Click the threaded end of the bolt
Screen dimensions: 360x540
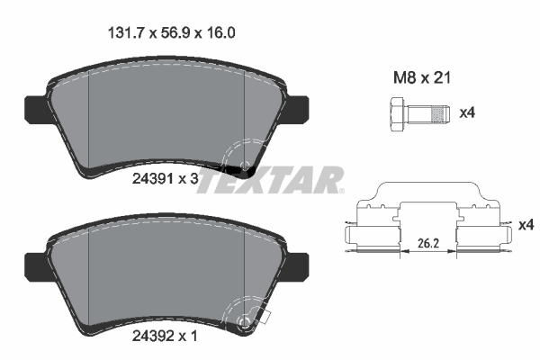point(437,114)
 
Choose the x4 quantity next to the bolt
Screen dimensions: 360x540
point(467,113)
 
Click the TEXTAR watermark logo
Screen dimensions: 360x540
point(270,180)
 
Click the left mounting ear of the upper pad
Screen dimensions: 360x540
point(32,107)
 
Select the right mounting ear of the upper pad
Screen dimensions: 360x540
point(301,107)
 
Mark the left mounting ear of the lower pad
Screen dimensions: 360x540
point(32,261)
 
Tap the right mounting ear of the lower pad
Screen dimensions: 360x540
point(301,261)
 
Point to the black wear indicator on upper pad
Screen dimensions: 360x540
point(240,169)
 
